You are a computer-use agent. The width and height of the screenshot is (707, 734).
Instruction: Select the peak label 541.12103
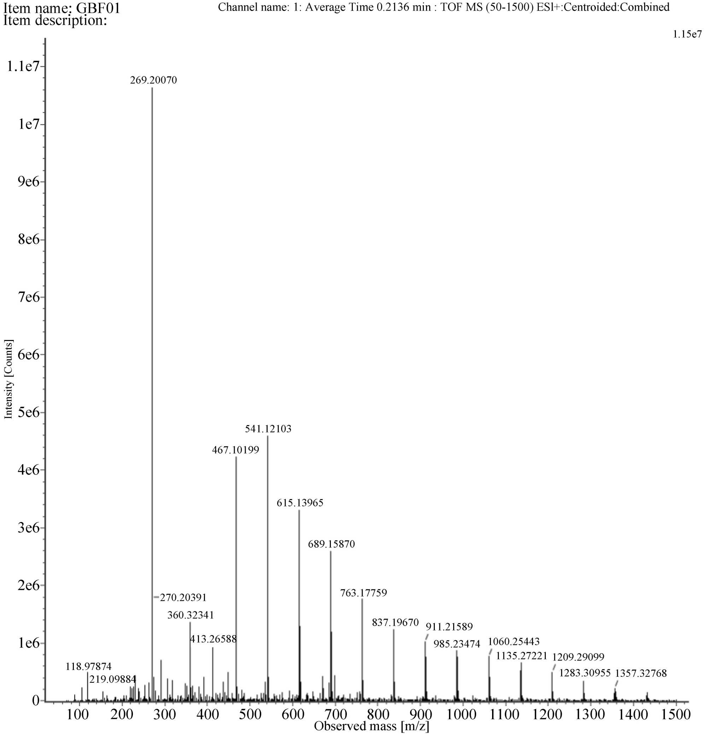click(268, 429)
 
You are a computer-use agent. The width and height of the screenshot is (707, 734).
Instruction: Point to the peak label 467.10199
click(235, 450)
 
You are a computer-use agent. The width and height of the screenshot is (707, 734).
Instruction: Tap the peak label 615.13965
click(300, 503)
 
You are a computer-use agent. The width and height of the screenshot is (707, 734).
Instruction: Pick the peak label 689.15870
click(331, 544)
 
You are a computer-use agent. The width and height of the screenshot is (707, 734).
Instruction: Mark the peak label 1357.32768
click(641, 673)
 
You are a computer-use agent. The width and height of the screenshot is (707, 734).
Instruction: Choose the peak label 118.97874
click(88, 666)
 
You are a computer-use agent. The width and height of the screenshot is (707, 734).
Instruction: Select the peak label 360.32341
click(190, 615)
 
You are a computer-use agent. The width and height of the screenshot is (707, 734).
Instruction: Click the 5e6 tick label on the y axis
click(29, 412)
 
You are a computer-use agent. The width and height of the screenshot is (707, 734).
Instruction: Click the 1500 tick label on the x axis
click(676, 715)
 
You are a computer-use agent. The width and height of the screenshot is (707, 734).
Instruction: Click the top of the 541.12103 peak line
click(268, 436)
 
